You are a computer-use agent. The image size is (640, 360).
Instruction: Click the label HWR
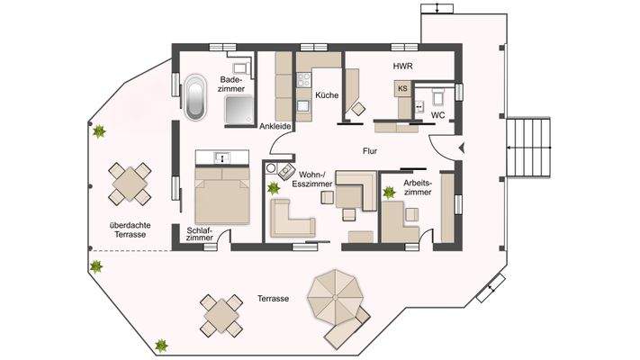[x=401, y=67]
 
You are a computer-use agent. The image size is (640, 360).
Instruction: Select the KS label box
[x=402, y=88]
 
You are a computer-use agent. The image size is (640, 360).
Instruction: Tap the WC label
[x=437, y=116]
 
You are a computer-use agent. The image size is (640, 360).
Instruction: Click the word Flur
[x=371, y=151]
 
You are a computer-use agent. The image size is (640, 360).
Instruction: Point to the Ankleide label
[x=274, y=127]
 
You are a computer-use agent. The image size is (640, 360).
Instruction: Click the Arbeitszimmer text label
[x=418, y=187]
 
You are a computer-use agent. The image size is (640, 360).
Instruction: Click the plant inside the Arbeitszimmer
[x=389, y=192]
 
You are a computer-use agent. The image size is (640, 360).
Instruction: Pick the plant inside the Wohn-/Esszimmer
[x=274, y=187]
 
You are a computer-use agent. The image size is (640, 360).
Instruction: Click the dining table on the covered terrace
[x=131, y=184]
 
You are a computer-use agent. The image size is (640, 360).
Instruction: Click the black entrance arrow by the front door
[x=461, y=146]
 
